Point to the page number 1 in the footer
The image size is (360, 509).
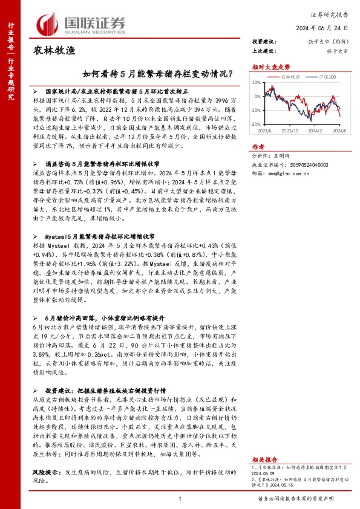[180, 499]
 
